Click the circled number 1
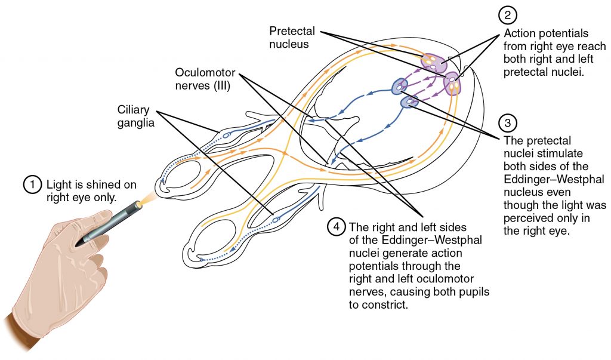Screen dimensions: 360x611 (x=32, y=184)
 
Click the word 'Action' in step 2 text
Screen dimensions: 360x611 (x=519, y=33)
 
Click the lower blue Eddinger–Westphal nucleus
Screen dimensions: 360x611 (x=409, y=103)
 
